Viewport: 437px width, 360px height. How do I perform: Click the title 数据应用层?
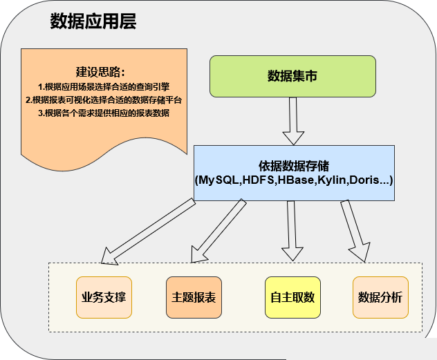click(93, 21)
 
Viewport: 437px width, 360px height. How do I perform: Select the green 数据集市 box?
click(292, 76)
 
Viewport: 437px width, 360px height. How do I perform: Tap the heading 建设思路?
click(100, 72)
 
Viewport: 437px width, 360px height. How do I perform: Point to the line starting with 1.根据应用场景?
click(104, 87)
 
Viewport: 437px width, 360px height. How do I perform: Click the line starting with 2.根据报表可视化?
click(104, 100)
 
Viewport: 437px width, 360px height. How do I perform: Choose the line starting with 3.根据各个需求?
click(104, 113)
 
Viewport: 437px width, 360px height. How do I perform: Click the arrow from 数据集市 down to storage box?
click(293, 121)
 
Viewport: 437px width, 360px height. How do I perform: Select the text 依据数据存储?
click(294, 167)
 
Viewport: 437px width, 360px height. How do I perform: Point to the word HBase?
click(295, 180)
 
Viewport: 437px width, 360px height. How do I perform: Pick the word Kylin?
click(331, 180)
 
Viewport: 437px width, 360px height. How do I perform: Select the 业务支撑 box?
click(104, 297)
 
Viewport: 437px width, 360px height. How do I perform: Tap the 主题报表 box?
click(194, 297)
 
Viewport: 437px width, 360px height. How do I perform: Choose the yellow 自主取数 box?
click(292, 297)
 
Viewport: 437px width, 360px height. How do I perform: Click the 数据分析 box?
click(380, 297)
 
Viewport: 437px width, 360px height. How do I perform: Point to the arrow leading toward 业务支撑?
click(148, 231)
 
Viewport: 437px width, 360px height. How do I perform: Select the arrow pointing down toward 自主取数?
click(292, 231)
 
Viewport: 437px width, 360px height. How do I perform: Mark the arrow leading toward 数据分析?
click(355, 231)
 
